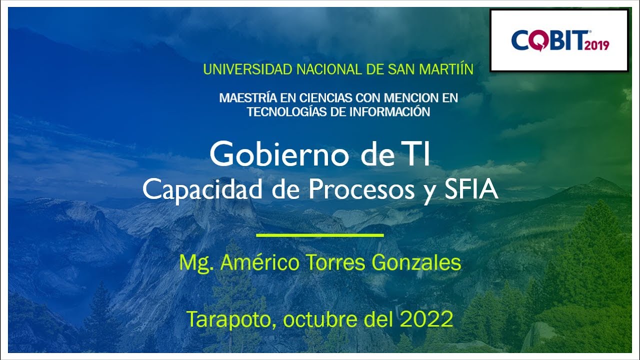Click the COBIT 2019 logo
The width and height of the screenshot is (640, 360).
coord(559,40)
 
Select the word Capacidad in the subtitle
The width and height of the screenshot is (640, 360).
coord(190,189)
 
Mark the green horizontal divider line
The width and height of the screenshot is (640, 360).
coord(320,234)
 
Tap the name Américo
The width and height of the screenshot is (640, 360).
coord(260,262)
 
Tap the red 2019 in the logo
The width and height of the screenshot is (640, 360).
coord(595,45)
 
